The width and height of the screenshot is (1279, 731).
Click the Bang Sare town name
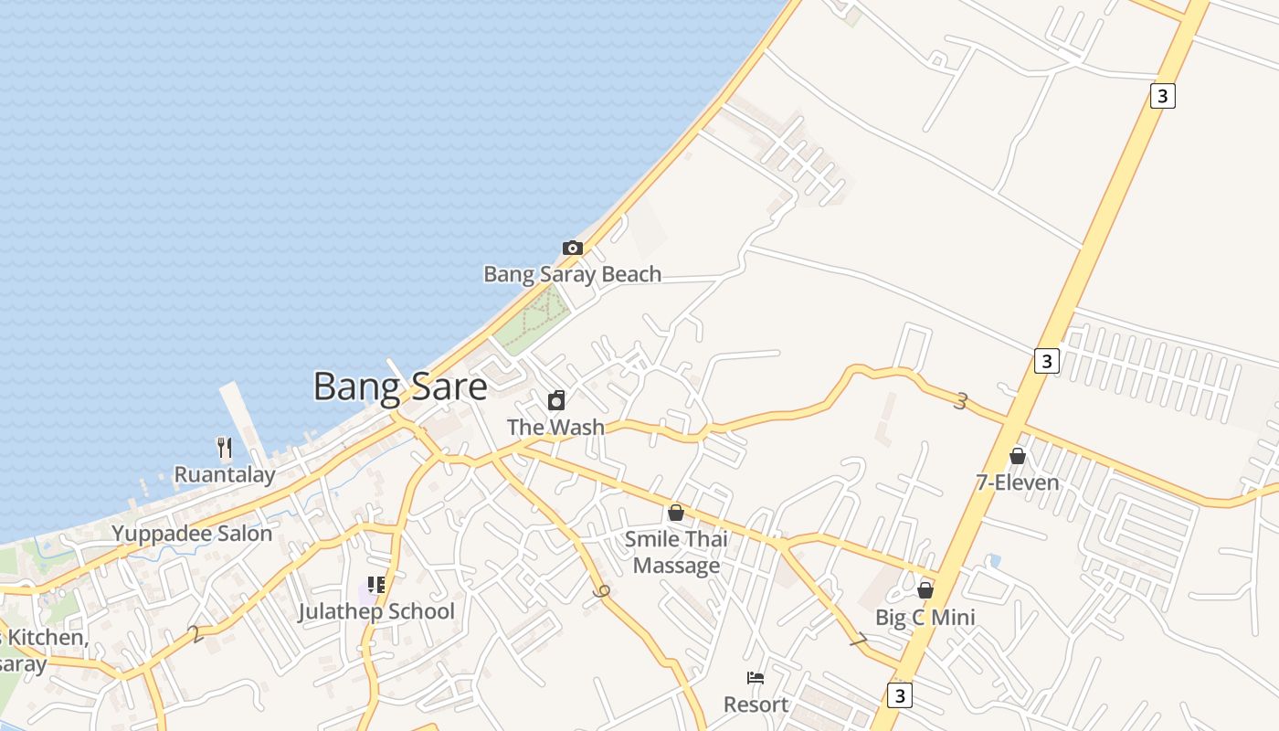click(399, 387)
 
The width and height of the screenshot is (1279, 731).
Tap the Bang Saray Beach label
click(572, 274)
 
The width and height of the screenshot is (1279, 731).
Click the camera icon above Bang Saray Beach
click(573, 248)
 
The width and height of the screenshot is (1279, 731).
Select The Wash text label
click(555, 427)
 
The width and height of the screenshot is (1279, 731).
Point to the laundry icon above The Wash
click(555, 400)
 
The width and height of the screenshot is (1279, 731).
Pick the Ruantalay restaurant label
click(225, 474)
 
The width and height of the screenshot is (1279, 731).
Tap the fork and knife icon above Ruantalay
click(225, 447)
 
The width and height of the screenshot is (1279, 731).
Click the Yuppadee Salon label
click(192, 534)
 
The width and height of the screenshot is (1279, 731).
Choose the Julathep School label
click(376, 611)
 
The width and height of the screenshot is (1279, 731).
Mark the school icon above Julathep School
click(376, 585)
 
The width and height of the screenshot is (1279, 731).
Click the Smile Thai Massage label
click(676, 552)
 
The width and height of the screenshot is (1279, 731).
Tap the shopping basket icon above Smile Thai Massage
click(676, 513)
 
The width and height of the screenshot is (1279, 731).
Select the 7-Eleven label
click(1018, 482)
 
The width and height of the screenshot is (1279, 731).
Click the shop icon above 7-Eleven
click(1018, 456)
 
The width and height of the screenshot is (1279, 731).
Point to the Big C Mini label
click(925, 617)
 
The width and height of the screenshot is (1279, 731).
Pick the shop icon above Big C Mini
click(925, 590)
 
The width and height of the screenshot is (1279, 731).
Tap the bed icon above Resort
click(756, 678)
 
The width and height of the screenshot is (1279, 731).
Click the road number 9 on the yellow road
click(600, 591)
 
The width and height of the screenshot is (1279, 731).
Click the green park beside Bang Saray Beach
click(534, 319)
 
